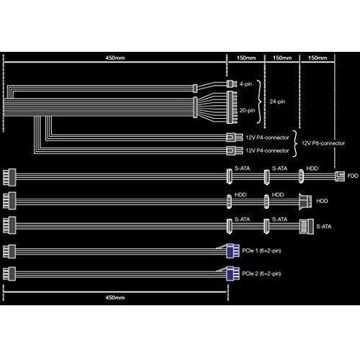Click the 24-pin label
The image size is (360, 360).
click(x=277, y=102)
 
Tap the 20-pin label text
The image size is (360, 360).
click(x=247, y=110)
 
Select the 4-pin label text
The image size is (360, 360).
click(x=246, y=84)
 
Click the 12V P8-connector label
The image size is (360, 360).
click(x=323, y=143)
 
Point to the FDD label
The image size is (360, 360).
click(x=353, y=176)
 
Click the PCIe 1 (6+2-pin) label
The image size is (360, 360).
click(x=261, y=251)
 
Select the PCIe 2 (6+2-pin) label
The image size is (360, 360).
click(x=261, y=274)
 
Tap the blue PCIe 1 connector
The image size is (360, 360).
click(x=233, y=251)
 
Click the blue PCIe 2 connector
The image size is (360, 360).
click(x=233, y=274)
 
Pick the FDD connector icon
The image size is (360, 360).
click(x=340, y=176)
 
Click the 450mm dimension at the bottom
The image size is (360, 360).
click(x=115, y=297)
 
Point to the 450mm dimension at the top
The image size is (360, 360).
click(x=115, y=58)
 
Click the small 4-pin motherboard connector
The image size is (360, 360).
click(x=232, y=84)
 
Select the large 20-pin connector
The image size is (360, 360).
click(x=232, y=107)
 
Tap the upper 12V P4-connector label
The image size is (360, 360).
click(x=267, y=138)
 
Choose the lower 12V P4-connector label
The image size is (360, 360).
click(x=267, y=150)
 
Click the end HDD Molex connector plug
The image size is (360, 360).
click(x=305, y=201)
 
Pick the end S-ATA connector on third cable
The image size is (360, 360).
click(x=307, y=227)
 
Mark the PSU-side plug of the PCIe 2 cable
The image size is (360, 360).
click(x=9, y=274)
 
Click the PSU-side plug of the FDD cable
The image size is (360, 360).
click(x=9, y=177)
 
